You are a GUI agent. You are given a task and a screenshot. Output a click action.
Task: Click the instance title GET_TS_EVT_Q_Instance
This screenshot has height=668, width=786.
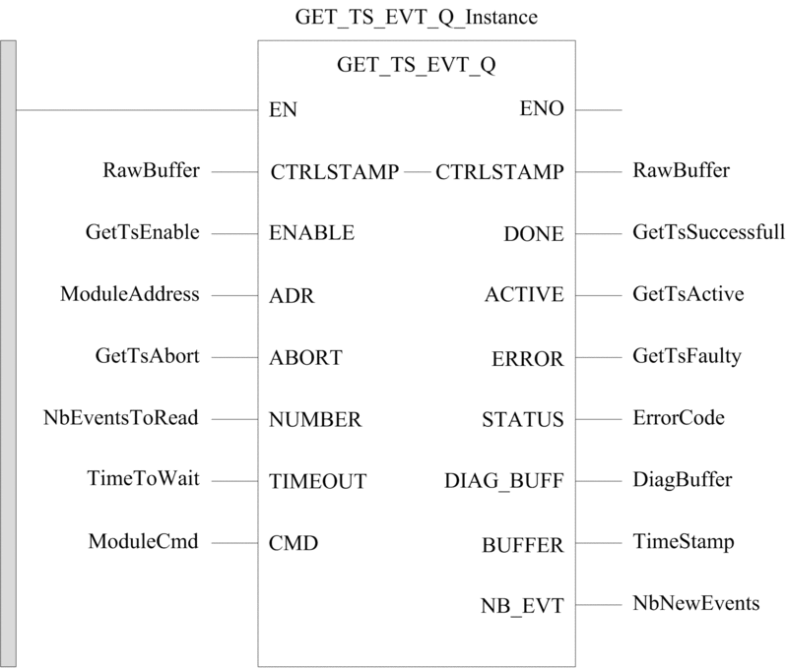[x=416, y=18]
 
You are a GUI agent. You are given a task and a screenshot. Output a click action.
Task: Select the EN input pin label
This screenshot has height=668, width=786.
[x=283, y=109]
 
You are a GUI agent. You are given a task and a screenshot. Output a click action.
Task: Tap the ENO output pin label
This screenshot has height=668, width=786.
[x=542, y=108]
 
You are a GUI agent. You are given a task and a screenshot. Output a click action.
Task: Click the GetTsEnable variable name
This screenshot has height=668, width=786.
[x=143, y=232]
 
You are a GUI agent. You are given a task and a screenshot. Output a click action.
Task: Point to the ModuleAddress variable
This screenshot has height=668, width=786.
[x=130, y=294]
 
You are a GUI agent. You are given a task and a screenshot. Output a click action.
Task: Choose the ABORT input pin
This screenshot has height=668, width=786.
[x=305, y=358]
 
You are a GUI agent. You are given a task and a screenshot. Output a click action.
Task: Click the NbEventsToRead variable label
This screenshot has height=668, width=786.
[x=121, y=418]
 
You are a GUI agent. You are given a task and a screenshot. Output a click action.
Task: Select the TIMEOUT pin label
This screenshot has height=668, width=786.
[x=317, y=481]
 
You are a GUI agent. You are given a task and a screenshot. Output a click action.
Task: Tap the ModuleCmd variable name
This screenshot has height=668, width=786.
[x=144, y=541]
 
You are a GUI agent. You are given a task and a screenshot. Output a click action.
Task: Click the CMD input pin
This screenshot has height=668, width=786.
[x=294, y=543]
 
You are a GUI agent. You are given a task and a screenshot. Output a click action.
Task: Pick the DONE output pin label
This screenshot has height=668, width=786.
[x=534, y=234]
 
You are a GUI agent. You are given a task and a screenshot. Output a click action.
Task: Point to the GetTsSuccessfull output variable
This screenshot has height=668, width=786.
[x=709, y=232]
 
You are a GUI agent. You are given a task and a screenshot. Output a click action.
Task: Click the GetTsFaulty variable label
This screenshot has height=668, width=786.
[x=687, y=356]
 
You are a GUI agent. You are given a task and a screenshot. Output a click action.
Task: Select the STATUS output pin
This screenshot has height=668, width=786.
[x=523, y=420]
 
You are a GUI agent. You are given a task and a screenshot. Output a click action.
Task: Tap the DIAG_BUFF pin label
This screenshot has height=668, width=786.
[x=504, y=481]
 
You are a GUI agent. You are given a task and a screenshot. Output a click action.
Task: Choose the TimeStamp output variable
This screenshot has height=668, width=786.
[x=684, y=542]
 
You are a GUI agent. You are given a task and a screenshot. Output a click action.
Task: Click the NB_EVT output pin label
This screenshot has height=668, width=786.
[x=522, y=606]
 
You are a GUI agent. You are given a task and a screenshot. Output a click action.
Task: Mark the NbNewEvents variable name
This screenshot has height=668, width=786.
[x=696, y=603]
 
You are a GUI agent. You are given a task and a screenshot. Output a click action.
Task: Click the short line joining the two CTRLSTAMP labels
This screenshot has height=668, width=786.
[x=417, y=172]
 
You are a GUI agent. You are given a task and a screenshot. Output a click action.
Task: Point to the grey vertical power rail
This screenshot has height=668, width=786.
[x=8, y=353]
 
